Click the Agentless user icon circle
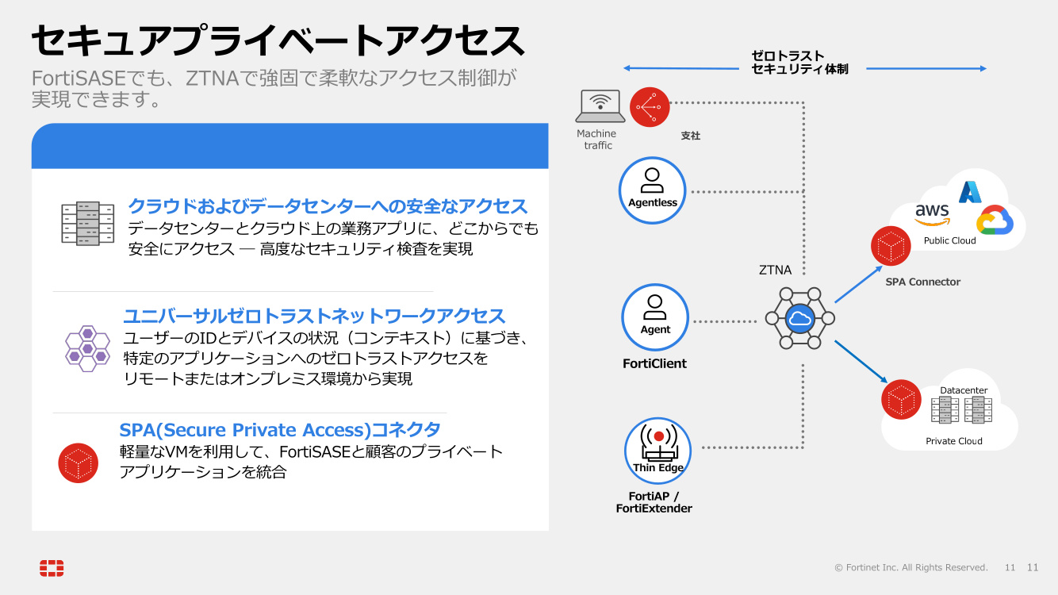click(652, 190)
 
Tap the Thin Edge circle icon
click(657, 451)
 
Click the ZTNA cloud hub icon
click(799, 318)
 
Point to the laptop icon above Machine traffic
click(600, 106)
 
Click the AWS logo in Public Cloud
click(932, 213)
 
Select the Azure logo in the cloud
click(970, 192)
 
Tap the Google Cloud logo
click(995, 221)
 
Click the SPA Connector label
click(922, 282)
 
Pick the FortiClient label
click(654, 363)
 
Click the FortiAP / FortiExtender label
click(654, 502)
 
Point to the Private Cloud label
click(953, 441)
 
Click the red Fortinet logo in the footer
click(52, 568)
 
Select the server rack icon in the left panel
click(87, 223)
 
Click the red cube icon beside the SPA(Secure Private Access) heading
click(79, 463)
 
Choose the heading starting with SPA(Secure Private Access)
click(280, 430)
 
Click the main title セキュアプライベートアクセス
click(278, 40)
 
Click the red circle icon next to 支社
click(650, 107)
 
